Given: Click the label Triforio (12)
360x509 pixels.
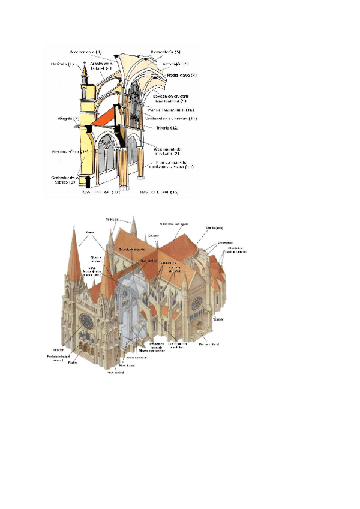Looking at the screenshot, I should (167, 128).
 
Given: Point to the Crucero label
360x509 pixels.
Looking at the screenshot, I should (154, 236).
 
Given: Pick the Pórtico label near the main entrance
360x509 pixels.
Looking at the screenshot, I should (73, 363).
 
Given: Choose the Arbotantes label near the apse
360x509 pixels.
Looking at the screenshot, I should (209, 243).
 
